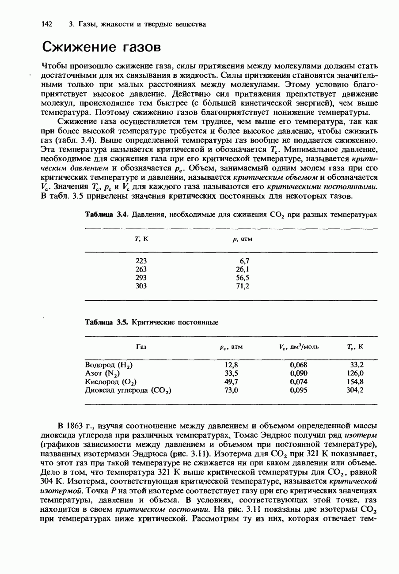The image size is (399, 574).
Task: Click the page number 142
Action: tap(47, 24)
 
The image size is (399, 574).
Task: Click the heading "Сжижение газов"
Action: tap(100, 47)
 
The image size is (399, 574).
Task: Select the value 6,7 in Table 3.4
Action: tap(244, 261)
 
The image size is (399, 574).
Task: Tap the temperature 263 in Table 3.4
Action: tap(141, 269)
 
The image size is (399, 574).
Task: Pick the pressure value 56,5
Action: tap(243, 278)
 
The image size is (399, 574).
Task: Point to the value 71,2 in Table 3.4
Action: tap(243, 286)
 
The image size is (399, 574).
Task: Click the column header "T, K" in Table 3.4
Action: tap(141, 239)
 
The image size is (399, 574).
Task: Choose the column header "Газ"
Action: tap(141, 347)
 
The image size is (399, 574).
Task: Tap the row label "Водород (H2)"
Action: tap(109, 365)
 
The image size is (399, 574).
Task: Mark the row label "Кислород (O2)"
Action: tap(110, 382)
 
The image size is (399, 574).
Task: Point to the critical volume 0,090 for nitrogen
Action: tap(298, 373)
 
